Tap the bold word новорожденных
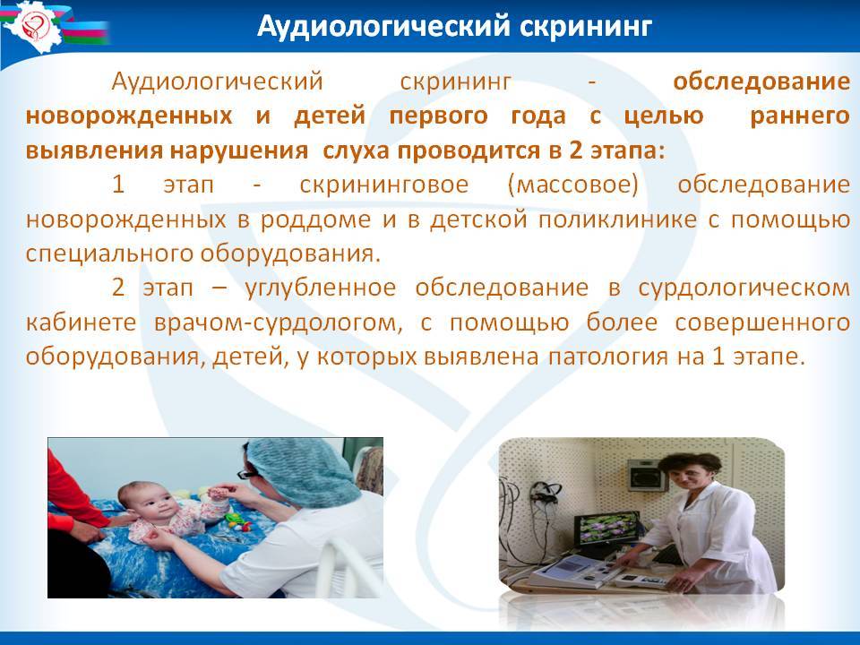[x=129, y=116]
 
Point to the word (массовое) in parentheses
[x=573, y=185]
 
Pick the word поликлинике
[x=617, y=219]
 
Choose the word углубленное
[x=321, y=288]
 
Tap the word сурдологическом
[x=744, y=288]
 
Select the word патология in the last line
[x=608, y=357]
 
